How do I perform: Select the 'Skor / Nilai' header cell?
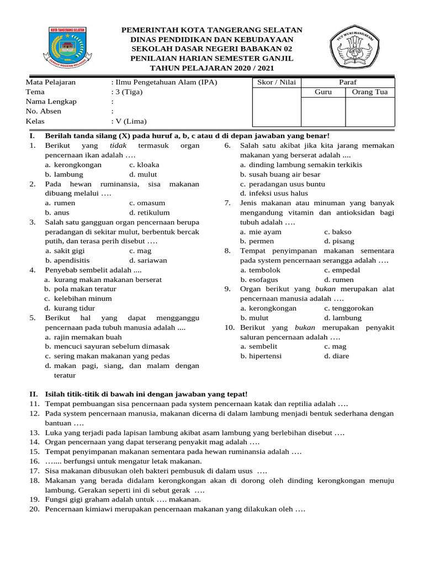[277, 83]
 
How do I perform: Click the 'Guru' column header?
[323, 92]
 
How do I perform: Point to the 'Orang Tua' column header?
[369, 92]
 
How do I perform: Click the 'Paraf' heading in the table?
[347, 83]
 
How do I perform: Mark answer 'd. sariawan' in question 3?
[148, 260]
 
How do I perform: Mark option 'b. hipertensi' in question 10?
[261, 356]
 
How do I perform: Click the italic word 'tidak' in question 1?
[118, 145]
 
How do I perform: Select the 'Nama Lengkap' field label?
[51, 102]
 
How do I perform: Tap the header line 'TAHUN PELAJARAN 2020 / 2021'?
[212, 68]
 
